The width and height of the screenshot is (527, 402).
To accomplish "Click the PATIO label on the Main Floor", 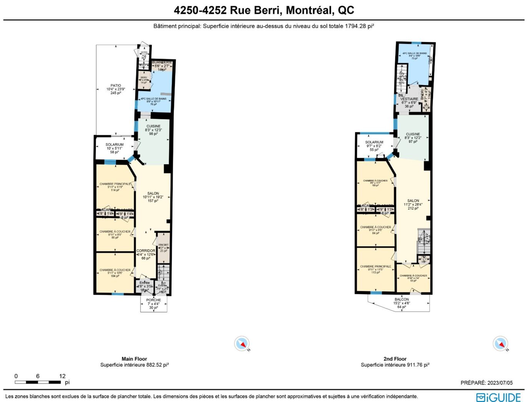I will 116,85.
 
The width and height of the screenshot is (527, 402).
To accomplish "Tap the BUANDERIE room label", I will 162,62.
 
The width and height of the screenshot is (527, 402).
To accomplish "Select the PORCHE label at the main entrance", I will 153,300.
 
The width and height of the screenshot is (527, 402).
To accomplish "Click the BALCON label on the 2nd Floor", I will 402,299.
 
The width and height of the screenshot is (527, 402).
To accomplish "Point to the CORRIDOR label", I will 146,251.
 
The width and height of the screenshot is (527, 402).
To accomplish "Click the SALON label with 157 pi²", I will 153,193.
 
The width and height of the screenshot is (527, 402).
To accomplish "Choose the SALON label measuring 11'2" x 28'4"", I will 413,201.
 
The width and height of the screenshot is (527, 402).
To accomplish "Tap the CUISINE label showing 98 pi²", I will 153,126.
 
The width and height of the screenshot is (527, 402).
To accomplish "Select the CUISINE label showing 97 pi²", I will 413,134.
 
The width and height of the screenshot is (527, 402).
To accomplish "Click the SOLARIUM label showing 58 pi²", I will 115,145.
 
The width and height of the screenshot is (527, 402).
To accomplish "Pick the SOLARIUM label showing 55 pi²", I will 374,142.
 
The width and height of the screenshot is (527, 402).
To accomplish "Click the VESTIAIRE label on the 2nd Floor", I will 409,99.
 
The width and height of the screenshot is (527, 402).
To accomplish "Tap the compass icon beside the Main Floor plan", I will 242,344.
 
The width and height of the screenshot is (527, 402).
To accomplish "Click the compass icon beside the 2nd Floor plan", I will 500,344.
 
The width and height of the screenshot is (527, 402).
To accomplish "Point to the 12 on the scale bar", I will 62,376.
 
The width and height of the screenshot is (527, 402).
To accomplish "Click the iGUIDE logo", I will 499,397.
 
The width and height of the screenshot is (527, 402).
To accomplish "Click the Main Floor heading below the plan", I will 134,359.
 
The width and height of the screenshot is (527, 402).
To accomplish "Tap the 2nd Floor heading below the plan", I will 395,359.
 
